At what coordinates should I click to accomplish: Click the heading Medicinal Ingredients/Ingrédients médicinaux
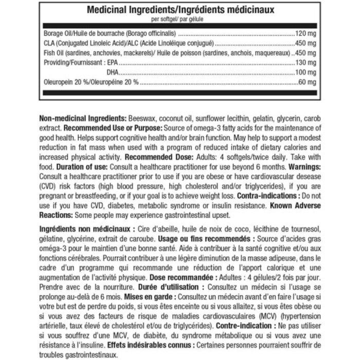tap(181, 10)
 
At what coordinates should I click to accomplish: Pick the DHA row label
tap(112, 71)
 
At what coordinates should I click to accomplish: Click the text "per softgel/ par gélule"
tap(181, 20)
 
